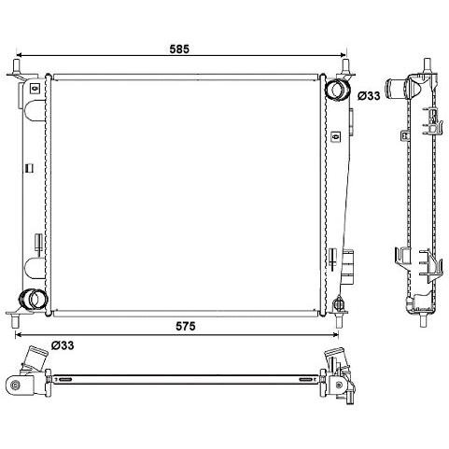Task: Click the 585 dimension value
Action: click(179, 49)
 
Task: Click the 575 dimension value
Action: click(186, 326)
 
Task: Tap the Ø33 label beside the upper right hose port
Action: click(369, 96)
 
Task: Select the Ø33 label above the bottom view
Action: click(63, 345)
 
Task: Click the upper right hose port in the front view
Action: click(337, 90)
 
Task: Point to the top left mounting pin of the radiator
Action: click(16, 65)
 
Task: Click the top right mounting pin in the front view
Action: click(345, 65)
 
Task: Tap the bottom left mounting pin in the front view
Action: click(15, 321)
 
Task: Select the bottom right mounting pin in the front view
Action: click(339, 320)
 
